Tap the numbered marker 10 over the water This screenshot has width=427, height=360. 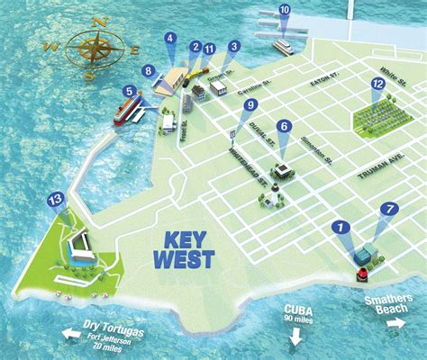[x=285, y=11]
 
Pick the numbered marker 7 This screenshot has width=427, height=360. [x=389, y=209]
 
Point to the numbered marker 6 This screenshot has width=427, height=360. [x=284, y=127]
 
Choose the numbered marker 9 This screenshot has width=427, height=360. [x=250, y=105]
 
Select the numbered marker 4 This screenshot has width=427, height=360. [x=169, y=38]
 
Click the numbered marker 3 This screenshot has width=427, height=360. [x=234, y=47]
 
